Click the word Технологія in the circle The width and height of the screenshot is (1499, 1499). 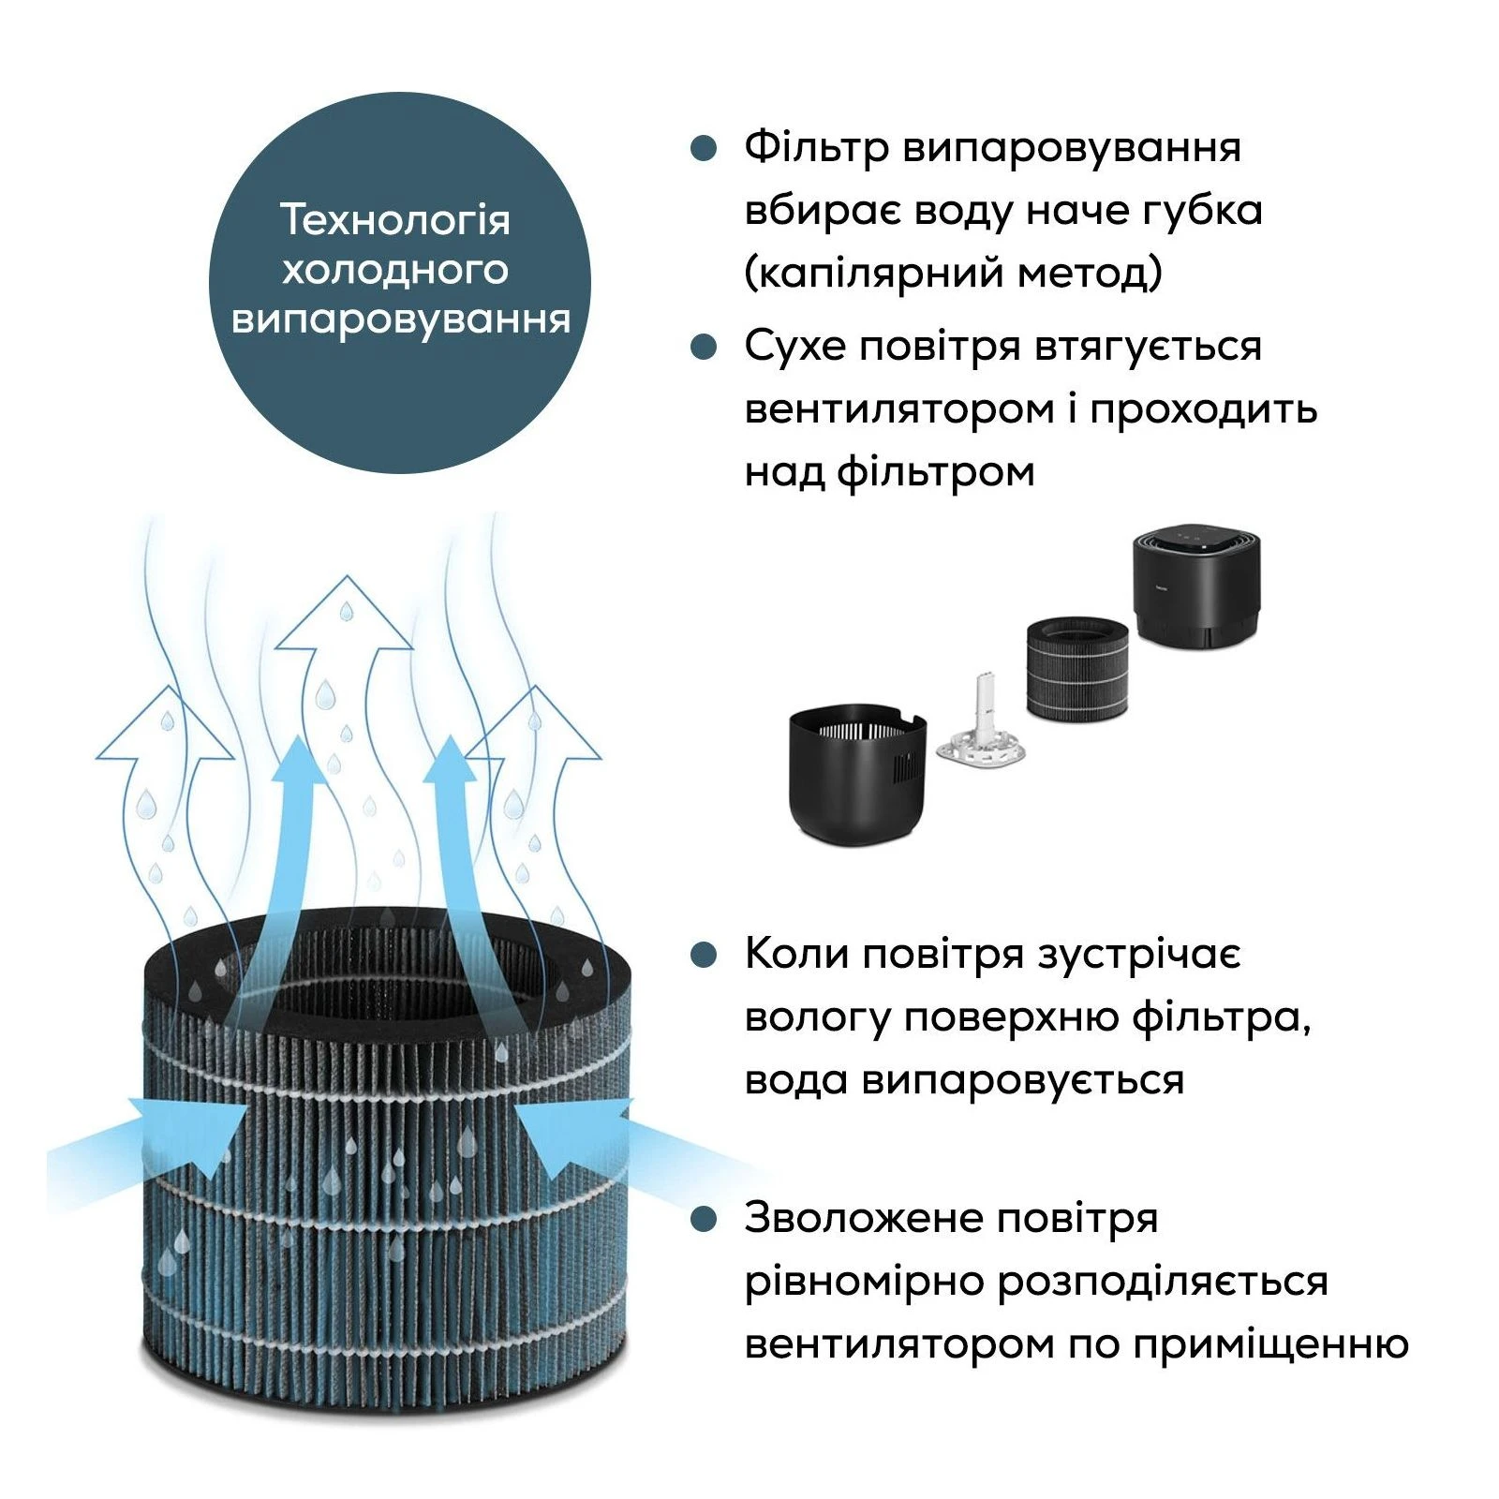point(395,221)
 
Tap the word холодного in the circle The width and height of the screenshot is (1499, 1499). point(395,270)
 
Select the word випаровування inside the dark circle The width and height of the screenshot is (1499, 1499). point(400,319)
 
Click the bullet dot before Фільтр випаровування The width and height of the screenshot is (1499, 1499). point(704,148)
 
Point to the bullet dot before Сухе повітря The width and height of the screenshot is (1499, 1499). point(704,347)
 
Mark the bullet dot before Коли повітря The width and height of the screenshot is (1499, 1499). point(704,955)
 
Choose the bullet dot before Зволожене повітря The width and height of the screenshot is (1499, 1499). point(704,1219)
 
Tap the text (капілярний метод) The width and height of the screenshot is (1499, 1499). point(954,274)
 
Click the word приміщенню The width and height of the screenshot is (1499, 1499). point(1270,1344)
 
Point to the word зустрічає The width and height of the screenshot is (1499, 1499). point(1138,956)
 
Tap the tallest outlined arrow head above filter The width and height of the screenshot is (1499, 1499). point(345,614)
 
